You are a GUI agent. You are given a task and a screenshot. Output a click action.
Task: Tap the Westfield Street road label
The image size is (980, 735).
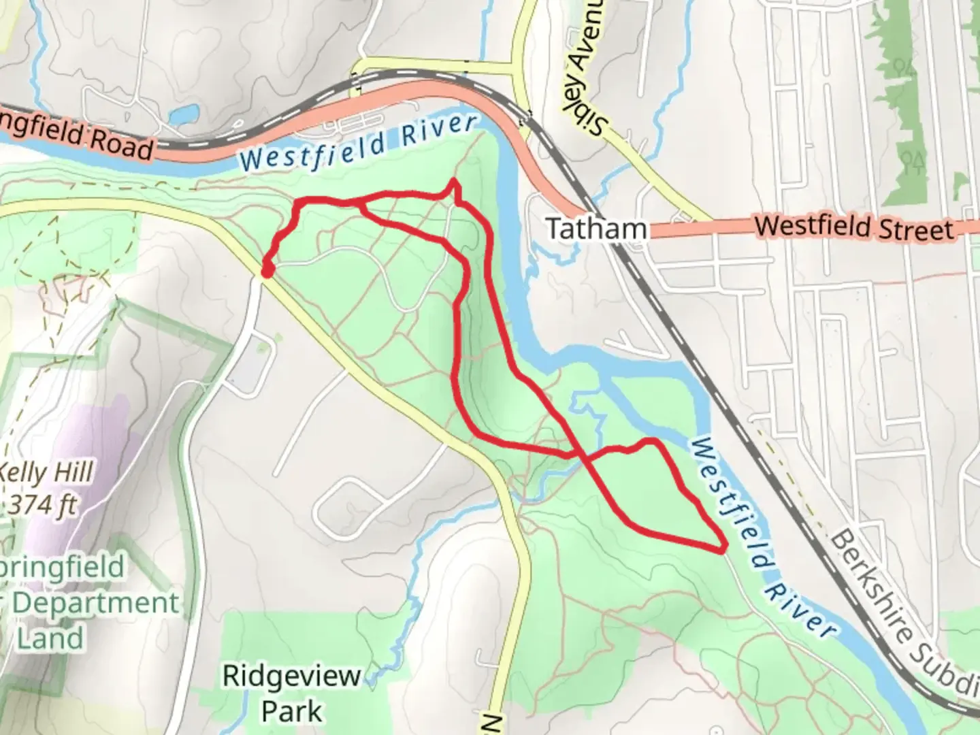(854, 226)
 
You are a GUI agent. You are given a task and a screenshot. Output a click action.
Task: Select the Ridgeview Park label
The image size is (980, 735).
(292, 676)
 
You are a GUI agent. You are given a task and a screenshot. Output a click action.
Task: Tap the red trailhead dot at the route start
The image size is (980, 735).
(267, 271)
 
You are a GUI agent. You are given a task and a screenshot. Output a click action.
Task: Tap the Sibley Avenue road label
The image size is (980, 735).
(587, 68)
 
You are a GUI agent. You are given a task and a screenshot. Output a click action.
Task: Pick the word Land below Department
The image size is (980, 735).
(50, 638)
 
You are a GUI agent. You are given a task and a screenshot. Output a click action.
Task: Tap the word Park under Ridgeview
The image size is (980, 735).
(292, 711)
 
